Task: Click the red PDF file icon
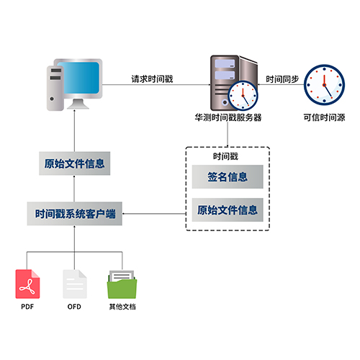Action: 27,284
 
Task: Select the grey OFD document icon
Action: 75,284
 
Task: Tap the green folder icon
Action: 122,284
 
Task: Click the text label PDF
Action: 27,307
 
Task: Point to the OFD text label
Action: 74,307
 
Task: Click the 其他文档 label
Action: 122,307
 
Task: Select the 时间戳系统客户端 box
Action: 75,214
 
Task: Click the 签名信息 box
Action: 228,177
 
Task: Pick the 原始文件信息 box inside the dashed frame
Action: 228,210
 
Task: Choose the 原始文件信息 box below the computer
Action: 75,163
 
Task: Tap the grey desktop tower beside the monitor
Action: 55,88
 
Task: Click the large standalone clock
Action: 324,85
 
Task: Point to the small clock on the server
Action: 243,96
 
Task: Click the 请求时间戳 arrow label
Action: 152,79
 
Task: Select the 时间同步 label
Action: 282,79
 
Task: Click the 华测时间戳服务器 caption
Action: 228,117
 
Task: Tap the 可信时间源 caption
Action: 324,117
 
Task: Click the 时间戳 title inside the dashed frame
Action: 225,156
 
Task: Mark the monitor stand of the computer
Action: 78,104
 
